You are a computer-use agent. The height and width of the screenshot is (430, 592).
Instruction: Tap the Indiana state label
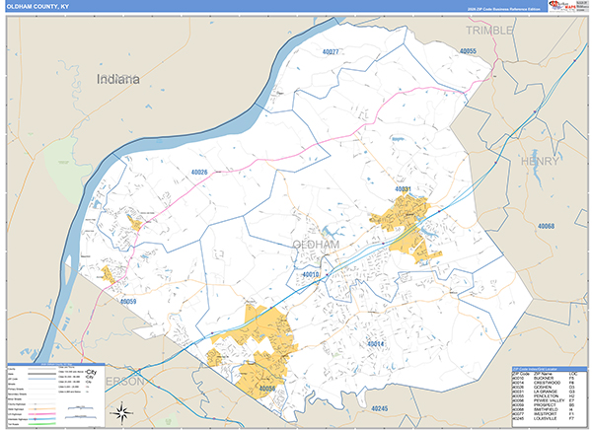117,78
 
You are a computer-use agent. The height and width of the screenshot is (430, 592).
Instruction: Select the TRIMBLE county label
489,31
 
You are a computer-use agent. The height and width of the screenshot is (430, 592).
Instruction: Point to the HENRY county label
539,160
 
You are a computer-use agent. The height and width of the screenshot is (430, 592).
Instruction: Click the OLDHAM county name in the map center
316,244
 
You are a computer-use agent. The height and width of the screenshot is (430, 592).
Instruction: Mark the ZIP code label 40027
331,51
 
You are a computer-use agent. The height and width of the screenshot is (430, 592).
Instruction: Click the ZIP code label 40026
199,173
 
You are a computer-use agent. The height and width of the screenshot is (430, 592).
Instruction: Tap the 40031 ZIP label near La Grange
403,188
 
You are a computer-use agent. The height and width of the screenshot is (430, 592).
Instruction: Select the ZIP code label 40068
546,227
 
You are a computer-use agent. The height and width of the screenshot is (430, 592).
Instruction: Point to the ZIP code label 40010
311,275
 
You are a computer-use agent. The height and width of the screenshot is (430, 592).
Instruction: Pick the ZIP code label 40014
376,343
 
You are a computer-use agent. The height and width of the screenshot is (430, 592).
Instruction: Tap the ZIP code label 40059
128,302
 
